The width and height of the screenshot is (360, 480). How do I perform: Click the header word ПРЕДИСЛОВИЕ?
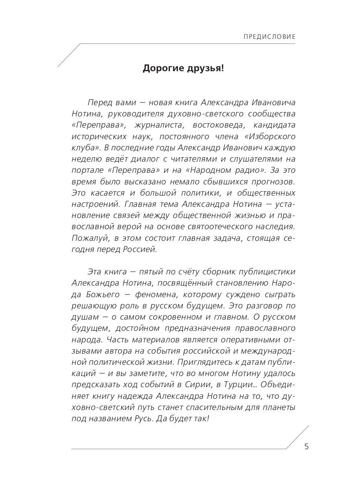269,37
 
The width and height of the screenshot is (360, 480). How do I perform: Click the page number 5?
307,447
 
